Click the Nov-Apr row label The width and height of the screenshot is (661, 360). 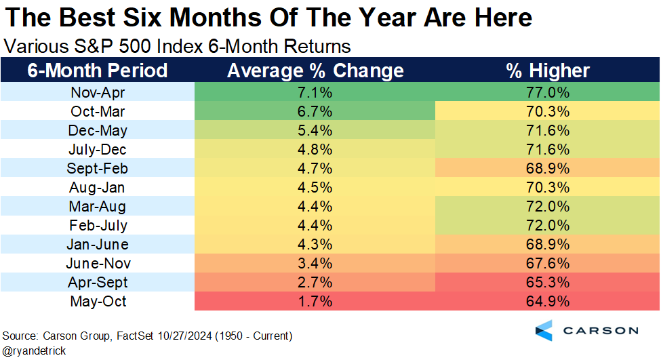coord(98,92)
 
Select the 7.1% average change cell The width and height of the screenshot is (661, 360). coord(315,92)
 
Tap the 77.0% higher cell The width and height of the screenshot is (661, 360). coord(548,92)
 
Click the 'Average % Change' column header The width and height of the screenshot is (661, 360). coord(315,71)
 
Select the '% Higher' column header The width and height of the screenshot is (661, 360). coord(548,71)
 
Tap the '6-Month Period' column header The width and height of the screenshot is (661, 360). coord(98,71)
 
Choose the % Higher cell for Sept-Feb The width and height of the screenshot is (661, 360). coord(548,168)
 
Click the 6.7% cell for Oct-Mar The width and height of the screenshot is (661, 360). coord(315,111)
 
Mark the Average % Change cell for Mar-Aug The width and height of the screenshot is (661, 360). coord(315,206)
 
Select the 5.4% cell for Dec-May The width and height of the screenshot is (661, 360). coord(315,130)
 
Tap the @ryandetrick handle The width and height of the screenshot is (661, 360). coord(32,351)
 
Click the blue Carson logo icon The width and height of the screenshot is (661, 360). coord(544,330)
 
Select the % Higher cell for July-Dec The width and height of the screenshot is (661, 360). coord(548,149)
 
